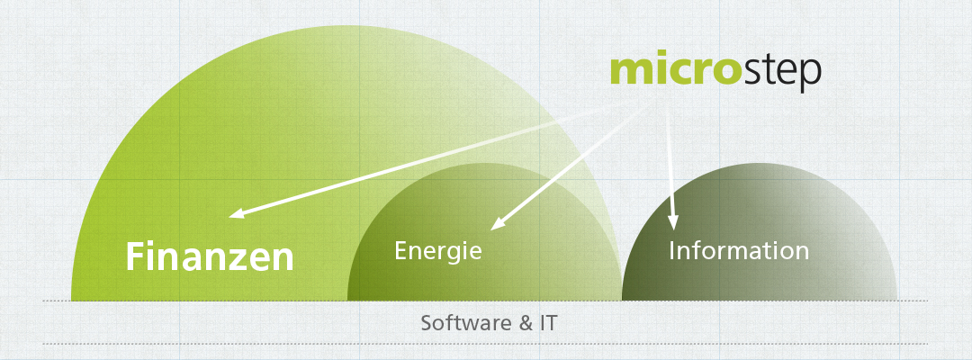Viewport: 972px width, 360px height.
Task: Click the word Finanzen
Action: tap(210, 256)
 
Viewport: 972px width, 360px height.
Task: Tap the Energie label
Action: tap(438, 251)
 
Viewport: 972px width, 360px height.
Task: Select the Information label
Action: tap(739, 251)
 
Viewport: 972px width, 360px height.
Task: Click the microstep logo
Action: tap(715, 73)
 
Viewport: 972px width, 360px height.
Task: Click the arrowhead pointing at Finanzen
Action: tap(236, 214)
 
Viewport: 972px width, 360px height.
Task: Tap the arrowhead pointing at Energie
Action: tap(497, 224)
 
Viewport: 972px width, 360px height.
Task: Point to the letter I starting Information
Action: tap(672, 251)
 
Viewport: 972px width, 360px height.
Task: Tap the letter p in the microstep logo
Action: tap(810, 76)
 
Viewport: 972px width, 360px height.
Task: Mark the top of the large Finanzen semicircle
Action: tap(347, 26)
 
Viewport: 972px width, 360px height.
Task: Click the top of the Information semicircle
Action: tap(760, 164)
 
